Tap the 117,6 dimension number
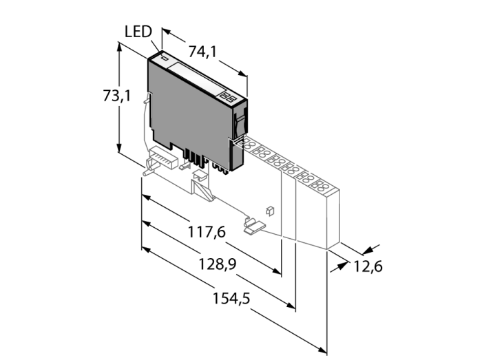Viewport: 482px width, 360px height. (207, 233)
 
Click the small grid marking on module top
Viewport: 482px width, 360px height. (231, 98)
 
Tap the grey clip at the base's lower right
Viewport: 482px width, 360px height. (253, 224)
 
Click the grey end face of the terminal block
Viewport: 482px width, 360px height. (334, 220)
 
